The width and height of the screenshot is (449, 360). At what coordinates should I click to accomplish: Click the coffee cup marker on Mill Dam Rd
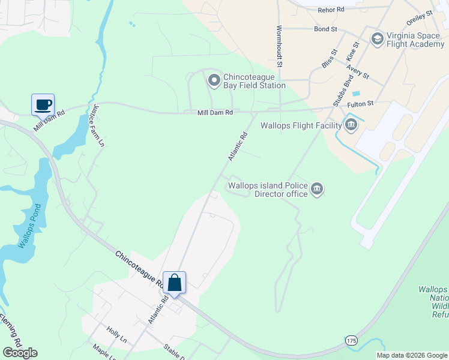click(43, 104)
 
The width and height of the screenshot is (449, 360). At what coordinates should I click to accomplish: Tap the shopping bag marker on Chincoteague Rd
click(174, 283)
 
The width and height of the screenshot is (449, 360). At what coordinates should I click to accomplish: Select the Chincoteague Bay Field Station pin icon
click(213, 80)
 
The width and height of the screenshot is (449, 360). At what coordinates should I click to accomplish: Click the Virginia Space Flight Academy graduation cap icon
click(378, 40)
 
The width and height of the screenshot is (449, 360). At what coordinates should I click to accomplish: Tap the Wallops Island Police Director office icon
click(318, 190)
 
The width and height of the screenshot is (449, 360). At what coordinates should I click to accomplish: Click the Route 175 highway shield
click(352, 340)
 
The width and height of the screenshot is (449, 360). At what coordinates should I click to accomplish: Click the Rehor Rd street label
click(331, 10)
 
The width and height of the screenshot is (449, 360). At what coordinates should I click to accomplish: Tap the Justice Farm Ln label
click(99, 127)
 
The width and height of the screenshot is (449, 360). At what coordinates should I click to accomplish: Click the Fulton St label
click(360, 104)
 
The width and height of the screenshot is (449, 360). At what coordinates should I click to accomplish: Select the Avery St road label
click(357, 76)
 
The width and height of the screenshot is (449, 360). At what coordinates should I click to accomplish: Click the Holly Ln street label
click(117, 331)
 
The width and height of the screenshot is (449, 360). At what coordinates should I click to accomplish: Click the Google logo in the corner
click(20, 353)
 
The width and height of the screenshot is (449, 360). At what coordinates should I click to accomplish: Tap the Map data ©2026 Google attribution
click(411, 355)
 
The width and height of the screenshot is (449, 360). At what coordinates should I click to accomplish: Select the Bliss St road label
click(328, 61)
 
